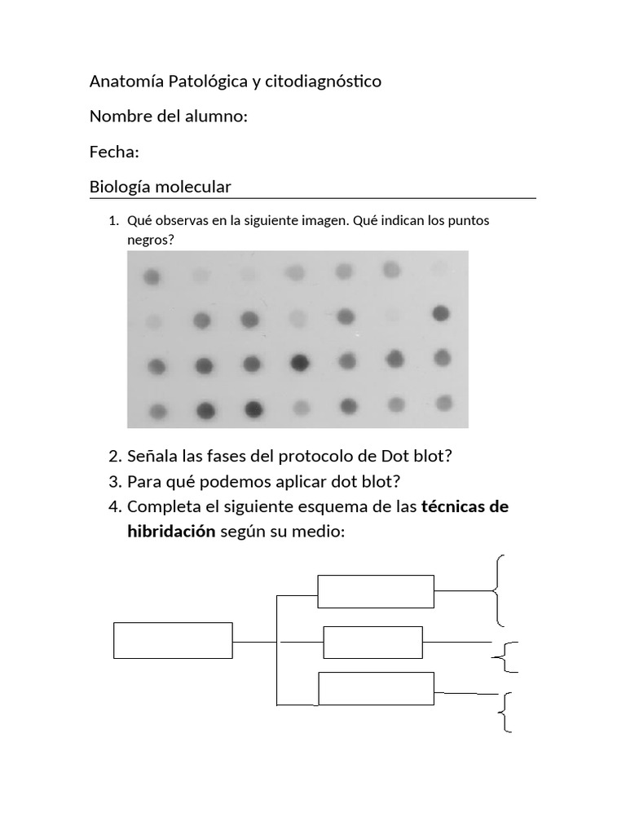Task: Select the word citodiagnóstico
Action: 319,82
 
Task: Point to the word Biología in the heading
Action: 118,188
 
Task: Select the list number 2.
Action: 114,456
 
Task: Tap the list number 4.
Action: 114,507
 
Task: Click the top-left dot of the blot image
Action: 152,278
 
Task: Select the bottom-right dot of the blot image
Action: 444,402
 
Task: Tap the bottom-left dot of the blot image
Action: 158,410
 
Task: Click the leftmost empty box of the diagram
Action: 173,640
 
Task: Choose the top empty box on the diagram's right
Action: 376,591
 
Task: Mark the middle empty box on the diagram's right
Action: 373,642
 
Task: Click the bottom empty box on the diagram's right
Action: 376,688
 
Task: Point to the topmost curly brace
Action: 499,589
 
